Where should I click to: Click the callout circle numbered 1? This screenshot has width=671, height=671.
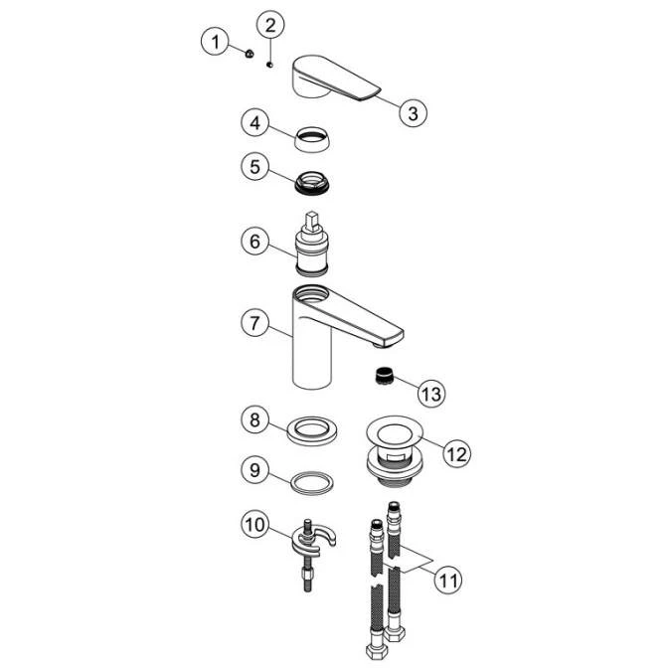coord(216,42)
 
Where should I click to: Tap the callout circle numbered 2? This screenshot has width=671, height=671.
coord(270,25)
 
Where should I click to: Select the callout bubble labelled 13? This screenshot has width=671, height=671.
coord(431,393)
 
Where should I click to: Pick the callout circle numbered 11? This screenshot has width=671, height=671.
coord(448,581)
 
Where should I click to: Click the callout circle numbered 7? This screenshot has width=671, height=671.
coord(255,323)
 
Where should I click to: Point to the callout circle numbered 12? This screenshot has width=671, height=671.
coord(457,453)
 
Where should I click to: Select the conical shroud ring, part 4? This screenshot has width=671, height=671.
coord(312,138)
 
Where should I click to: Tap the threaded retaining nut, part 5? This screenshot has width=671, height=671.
coord(312,183)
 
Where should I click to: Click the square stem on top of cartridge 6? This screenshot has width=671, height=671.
coord(312,222)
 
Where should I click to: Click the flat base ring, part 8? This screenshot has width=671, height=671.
coord(312,430)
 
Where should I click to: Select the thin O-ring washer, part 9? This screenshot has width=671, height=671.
coord(312,483)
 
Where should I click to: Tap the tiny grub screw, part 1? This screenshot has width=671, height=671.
coord(250,54)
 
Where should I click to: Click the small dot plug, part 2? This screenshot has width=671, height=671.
coord(269,65)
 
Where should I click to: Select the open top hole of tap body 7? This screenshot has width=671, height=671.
coord(312,293)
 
